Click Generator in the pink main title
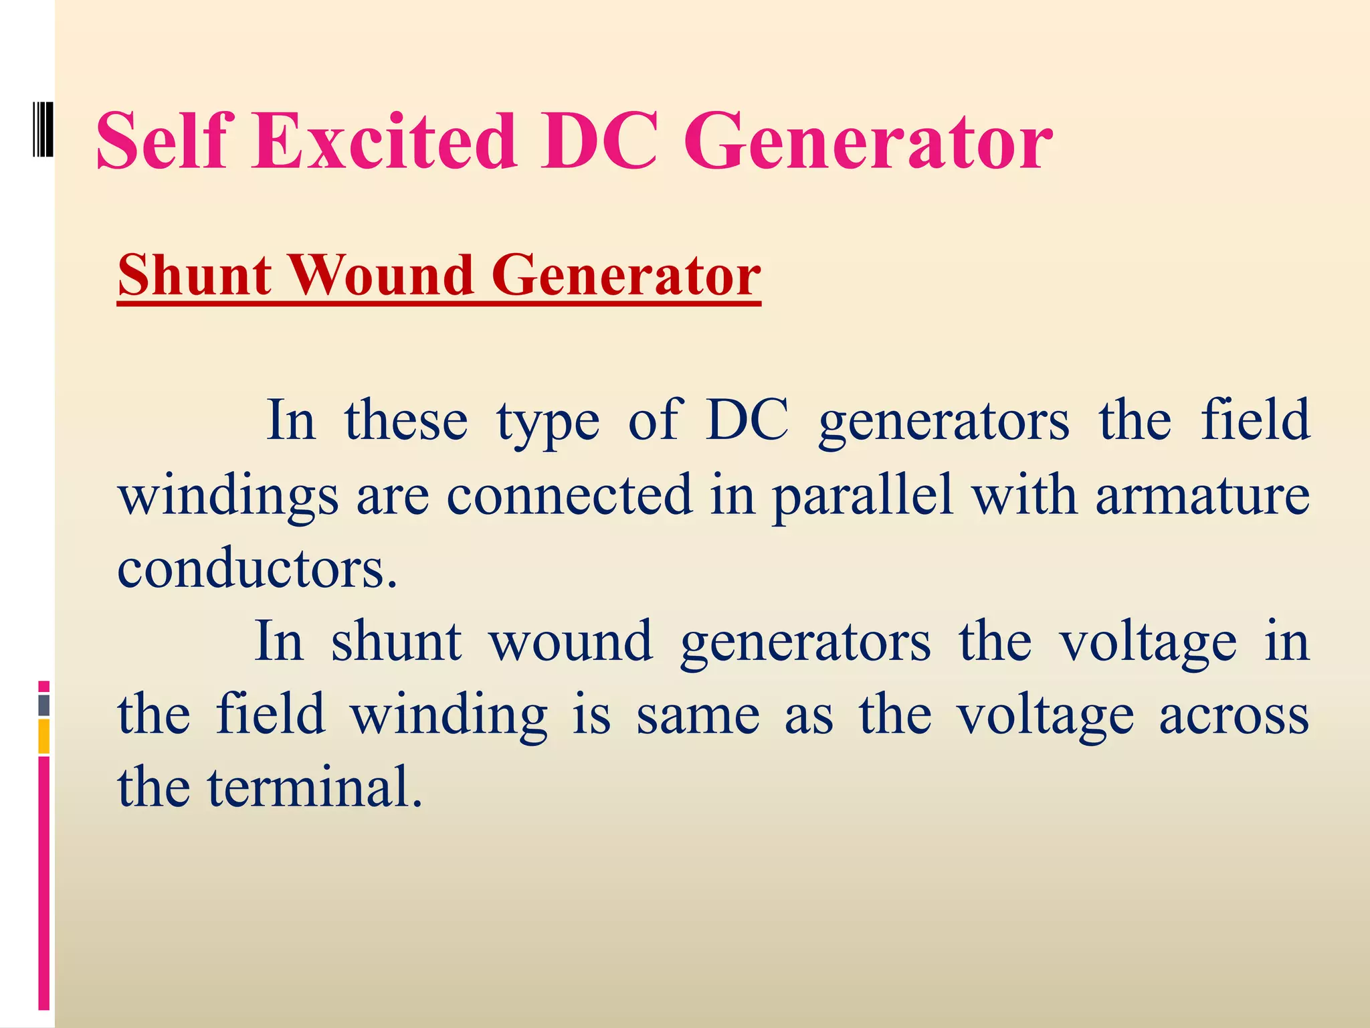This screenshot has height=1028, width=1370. point(868,142)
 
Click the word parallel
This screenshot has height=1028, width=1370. point(862,496)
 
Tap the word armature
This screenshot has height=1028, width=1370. point(1202,496)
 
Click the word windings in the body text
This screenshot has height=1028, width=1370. point(228,497)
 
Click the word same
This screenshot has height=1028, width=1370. point(698,715)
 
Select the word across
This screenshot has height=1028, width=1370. point(1234,715)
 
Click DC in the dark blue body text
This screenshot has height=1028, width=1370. point(747,421)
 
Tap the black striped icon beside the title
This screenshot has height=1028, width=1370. point(43,129)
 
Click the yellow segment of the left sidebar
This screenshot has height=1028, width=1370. point(44,736)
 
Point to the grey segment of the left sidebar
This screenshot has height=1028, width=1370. point(44,705)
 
